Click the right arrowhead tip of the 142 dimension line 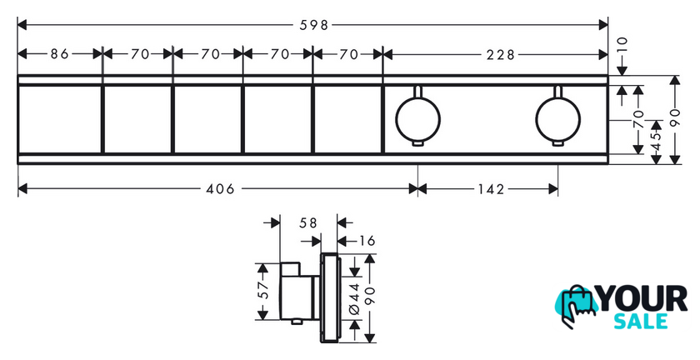pyautogui.click(x=558, y=188)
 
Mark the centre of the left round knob pyautogui.click(x=417, y=119)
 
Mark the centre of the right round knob pyautogui.click(x=558, y=119)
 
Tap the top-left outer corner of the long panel pyautogui.click(x=17, y=75)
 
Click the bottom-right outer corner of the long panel pyautogui.click(x=608, y=164)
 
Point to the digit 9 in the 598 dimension pyautogui.click(x=314, y=25)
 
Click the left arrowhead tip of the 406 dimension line pyautogui.click(x=17, y=188)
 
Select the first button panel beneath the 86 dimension pyautogui.click(x=59, y=119)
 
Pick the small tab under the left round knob pyautogui.click(x=417, y=143)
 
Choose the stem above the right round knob pyautogui.click(x=558, y=91)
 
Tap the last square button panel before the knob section pyautogui.click(x=347, y=119)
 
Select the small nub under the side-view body pyautogui.click(x=295, y=322)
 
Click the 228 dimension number pyautogui.click(x=501, y=54)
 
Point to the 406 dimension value pyautogui.click(x=220, y=189)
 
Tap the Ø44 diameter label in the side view pyautogui.click(x=354, y=298)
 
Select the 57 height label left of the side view pyautogui.click(x=263, y=290)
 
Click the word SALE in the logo pyautogui.click(x=641, y=321)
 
